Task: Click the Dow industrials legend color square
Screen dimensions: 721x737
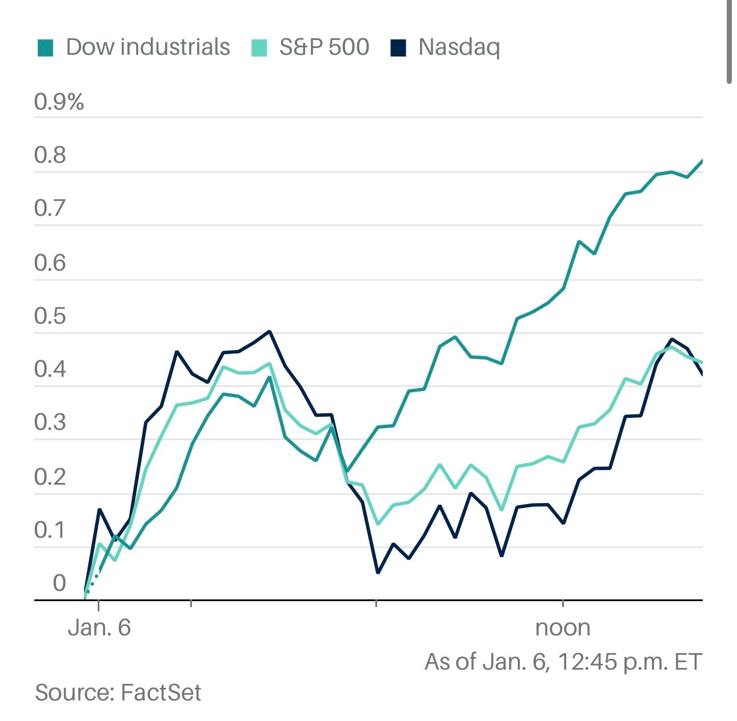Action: pyautogui.click(x=45, y=48)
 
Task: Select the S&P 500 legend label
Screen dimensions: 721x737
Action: pyautogui.click(x=324, y=47)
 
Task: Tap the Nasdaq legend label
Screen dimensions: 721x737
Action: pyautogui.click(x=459, y=48)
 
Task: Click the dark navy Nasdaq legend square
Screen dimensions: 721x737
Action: pyautogui.click(x=398, y=48)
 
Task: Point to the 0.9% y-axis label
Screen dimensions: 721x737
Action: pyautogui.click(x=59, y=102)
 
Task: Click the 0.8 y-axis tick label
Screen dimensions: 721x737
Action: pyautogui.click(x=50, y=155)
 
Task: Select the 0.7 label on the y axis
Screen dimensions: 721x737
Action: pyautogui.click(x=50, y=209)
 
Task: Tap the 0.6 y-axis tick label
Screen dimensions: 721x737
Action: pyautogui.click(x=50, y=263)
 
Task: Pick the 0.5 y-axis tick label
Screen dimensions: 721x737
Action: pyautogui.click(x=50, y=316)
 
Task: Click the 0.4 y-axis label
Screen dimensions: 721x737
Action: pyautogui.click(x=50, y=369)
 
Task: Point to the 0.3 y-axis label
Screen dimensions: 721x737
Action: pyautogui.click(x=50, y=423)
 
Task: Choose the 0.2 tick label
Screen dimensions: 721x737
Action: pyautogui.click(x=50, y=477)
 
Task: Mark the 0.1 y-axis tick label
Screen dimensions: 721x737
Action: pyautogui.click(x=50, y=530)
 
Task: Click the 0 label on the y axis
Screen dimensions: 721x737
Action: pyautogui.click(x=59, y=583)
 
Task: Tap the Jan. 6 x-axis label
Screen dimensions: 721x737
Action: pyautogui.click(x=99, y=628)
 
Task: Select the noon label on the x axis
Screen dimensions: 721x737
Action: pyautogui.click(x=563, y=628)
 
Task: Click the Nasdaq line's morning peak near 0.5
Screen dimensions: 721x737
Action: pyautogui.click(x=269, y=331)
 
